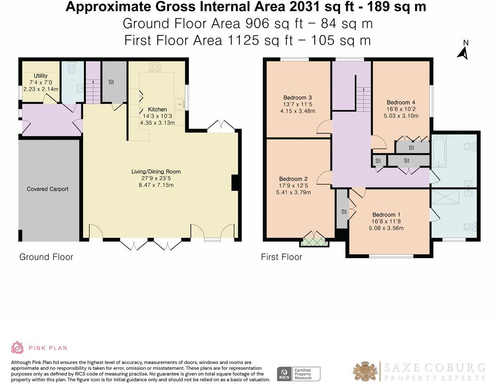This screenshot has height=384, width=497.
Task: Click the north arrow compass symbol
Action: (463, 50)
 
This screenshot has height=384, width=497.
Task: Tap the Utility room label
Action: (40, 75)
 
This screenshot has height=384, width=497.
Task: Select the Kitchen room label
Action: (157, 109)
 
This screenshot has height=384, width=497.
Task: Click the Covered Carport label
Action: (48, 189)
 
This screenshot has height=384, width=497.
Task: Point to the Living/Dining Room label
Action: (156, 172)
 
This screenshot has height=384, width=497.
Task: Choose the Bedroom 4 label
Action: (401, 102)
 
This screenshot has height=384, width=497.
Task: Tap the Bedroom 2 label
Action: (293, 179)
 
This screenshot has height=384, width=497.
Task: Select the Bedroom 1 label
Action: (386, 215)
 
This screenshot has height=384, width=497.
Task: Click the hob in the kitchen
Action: (155, 66)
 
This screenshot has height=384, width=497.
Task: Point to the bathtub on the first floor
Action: (439, 151)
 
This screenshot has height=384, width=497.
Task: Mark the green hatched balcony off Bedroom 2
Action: (314, 242)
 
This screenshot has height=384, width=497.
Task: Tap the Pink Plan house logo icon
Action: (17, 348)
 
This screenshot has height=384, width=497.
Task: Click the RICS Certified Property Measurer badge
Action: (299, 374)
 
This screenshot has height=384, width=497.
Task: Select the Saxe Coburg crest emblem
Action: (366, 371)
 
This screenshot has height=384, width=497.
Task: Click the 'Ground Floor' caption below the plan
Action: (46, 257)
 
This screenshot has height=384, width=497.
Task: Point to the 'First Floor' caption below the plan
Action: (281, 257)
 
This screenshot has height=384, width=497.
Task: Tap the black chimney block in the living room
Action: (235, 183)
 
